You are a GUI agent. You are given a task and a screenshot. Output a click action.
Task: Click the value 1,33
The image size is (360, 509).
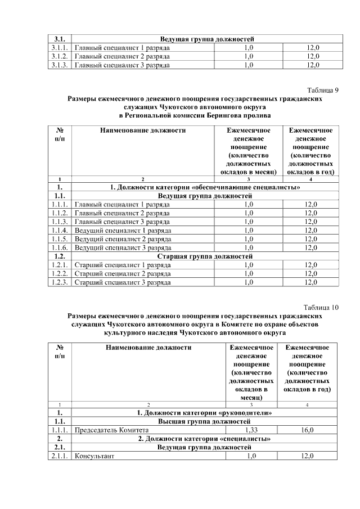(x=251, y=430)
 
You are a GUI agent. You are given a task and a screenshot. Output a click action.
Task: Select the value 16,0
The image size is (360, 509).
(x=307, y=430)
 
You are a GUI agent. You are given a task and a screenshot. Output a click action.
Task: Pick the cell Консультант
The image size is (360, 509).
(x=94, y=456)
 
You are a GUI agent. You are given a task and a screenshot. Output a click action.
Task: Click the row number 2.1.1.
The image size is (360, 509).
(x=58, y=456)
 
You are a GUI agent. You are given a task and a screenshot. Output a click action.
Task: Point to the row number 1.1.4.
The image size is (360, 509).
(x=59, y=230)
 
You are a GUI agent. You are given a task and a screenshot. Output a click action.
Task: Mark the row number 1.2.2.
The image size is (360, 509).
(x=59, y=273)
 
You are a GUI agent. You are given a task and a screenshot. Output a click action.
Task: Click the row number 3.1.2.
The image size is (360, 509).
(x=59, y=56)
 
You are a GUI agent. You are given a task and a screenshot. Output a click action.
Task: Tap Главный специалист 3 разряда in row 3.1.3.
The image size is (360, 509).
(x=122, y=65)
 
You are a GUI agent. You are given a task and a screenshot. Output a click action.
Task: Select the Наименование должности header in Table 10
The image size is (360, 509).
(x=148, y=348)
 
